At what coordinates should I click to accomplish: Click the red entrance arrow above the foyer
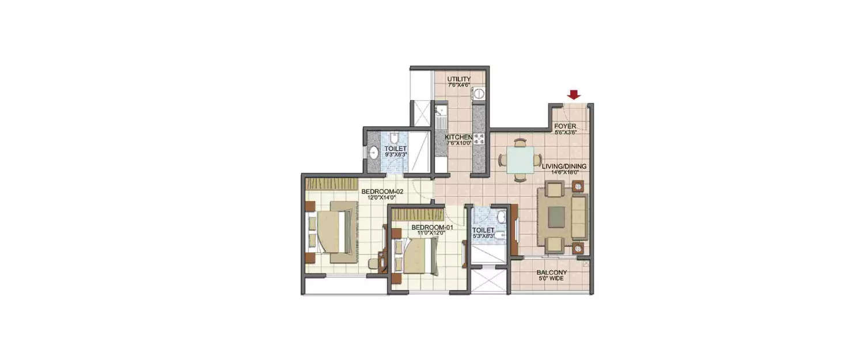(x=573, y=94)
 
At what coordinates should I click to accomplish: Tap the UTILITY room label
(x=459, y=79)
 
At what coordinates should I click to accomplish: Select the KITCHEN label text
(x=459, y=137)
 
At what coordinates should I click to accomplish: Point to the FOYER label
(x=565, y=126)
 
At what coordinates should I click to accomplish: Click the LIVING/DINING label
(x=564, y=166)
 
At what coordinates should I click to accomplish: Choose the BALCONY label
(x=551, y=272)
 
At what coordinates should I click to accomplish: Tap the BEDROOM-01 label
(x=428, y=227)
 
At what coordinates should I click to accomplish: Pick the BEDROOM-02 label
(x=381, y=191)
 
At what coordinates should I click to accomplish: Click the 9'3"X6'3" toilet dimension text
(x=396, y=154)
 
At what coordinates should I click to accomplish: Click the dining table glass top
(x=520, y=160)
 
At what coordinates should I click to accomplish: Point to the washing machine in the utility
(x=478, y=94)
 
